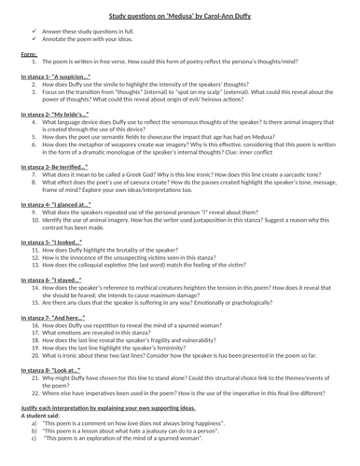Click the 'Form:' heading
tap(29, 54)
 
